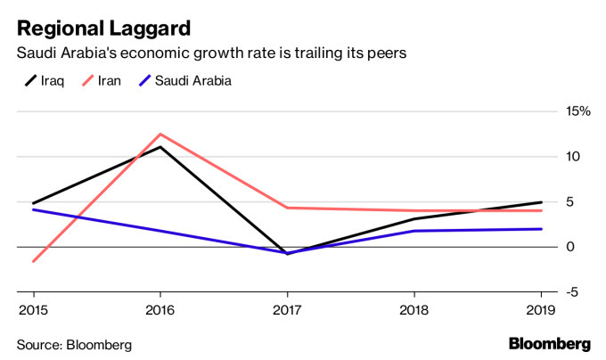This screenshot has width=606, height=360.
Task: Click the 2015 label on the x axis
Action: click(33, 309)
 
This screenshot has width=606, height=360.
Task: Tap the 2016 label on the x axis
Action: click(160, 309)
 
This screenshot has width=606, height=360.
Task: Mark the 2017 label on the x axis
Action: click(287, 309)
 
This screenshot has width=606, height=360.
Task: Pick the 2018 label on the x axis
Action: click(414, 309)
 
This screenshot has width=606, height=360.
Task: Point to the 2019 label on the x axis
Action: click(541, 309)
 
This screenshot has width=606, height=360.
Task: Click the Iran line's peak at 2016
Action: click(160, 134)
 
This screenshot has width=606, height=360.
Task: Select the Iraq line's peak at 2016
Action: click(160, 146)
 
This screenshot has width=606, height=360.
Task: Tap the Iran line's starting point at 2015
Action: click(33, 261)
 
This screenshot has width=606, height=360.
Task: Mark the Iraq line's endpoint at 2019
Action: click(542, 202)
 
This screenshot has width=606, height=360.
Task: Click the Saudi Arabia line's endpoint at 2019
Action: click(542, 229)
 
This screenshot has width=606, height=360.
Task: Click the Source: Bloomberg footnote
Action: click(73, 344)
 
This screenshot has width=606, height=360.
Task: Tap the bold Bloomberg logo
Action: click(549, 344)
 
